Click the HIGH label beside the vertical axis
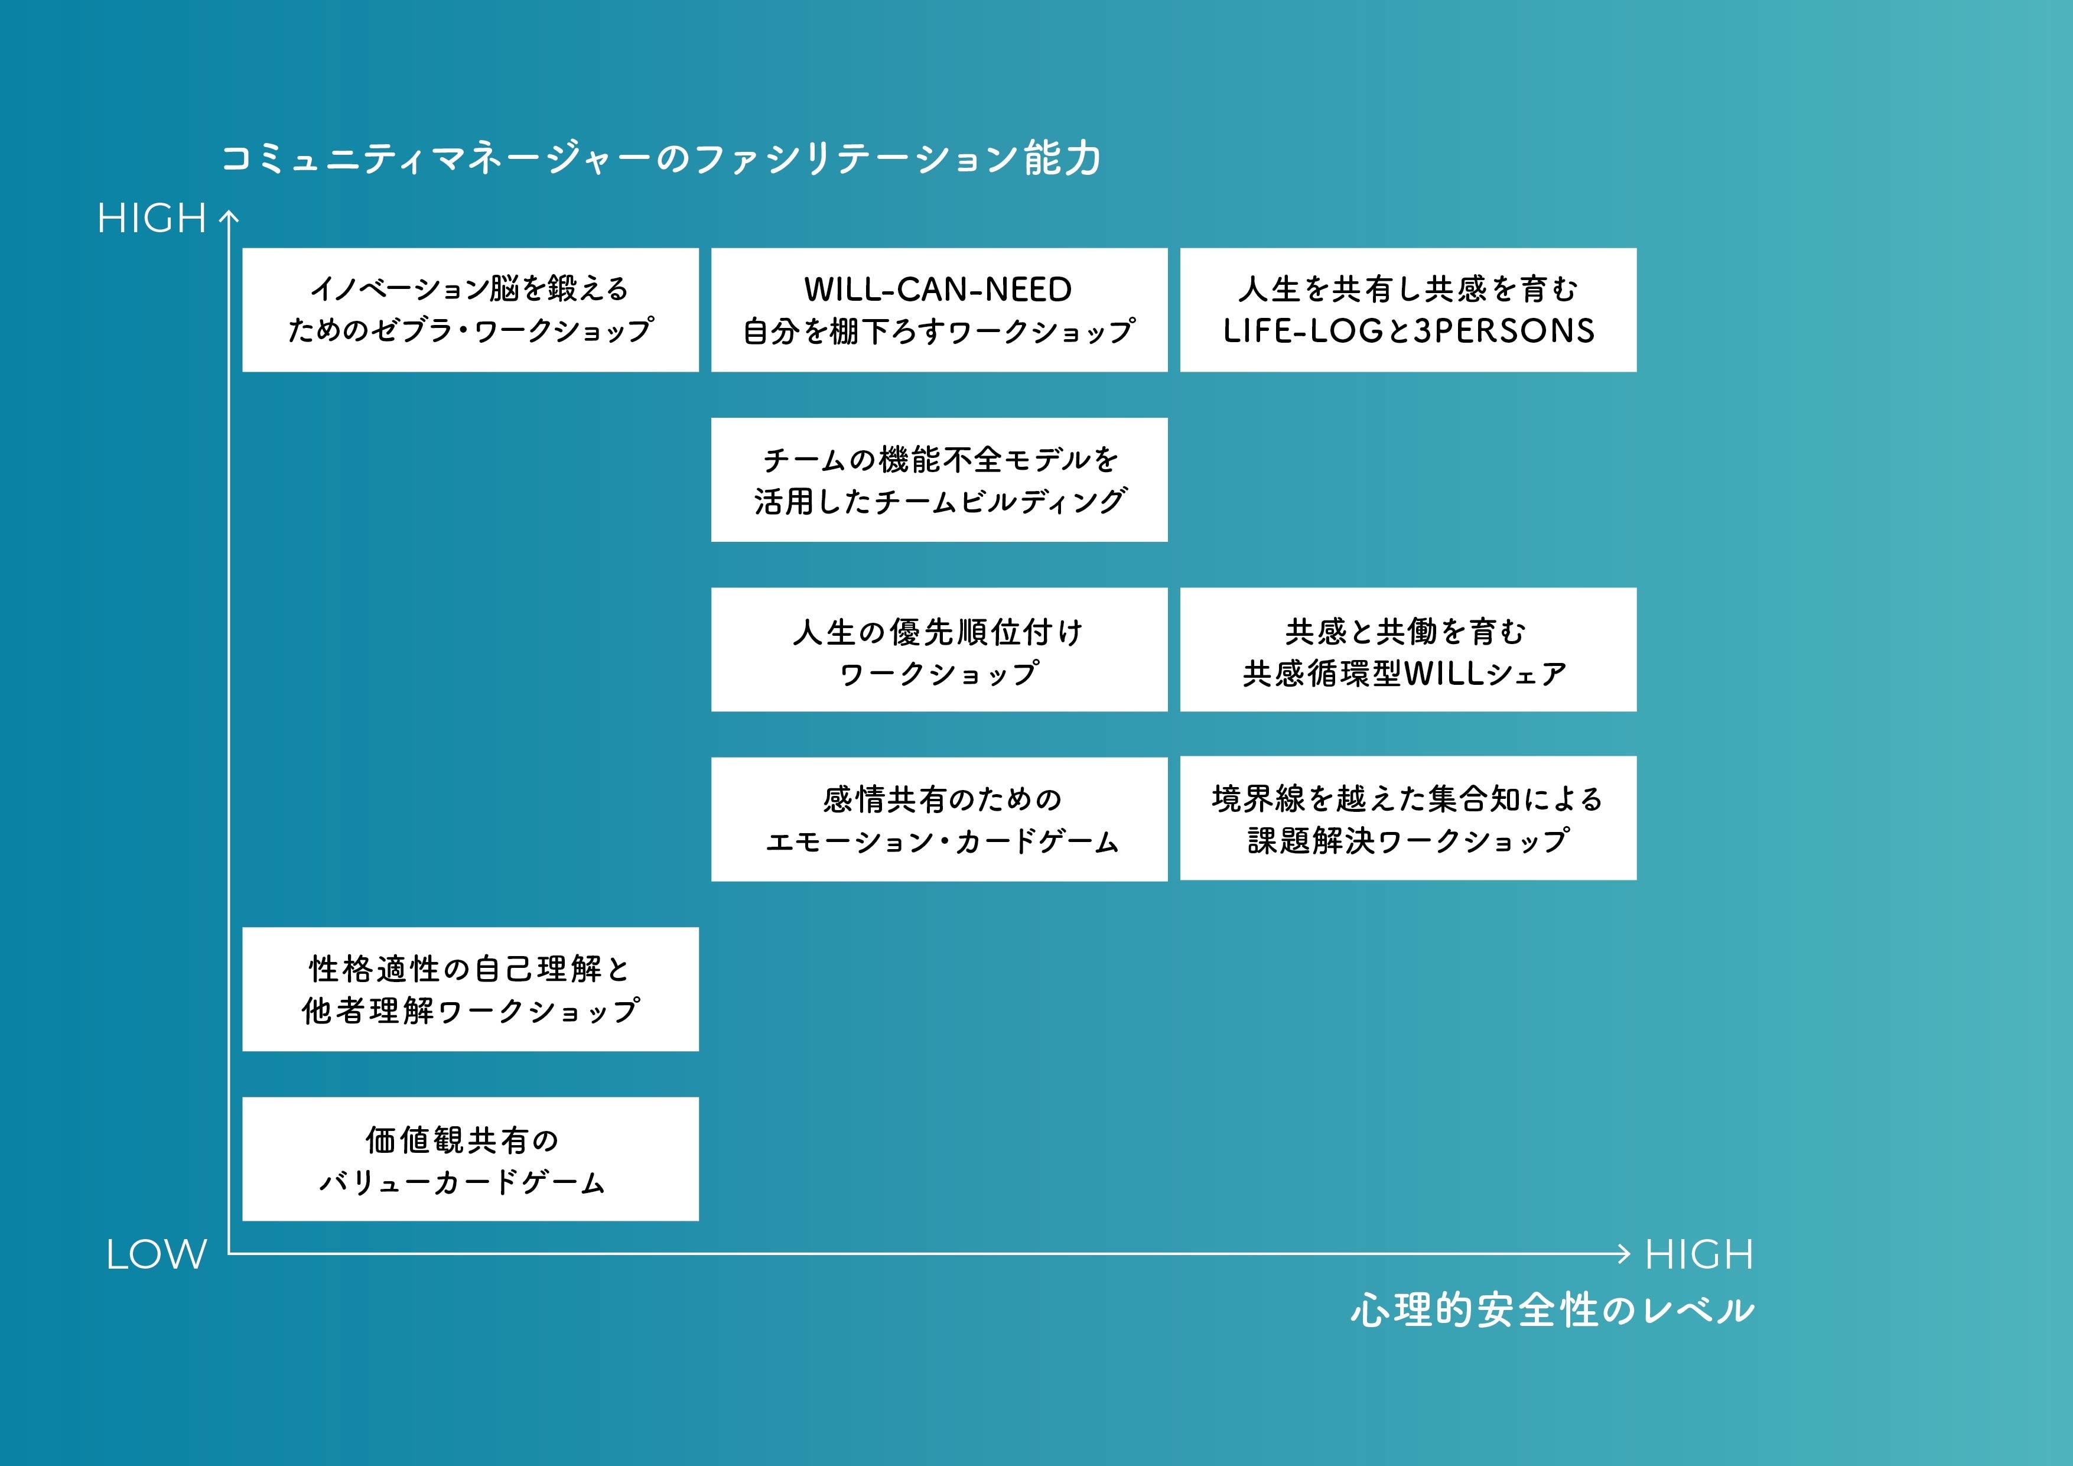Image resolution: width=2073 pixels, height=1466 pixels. [152, 219]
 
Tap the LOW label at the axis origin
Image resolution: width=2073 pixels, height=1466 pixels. [156, 1254]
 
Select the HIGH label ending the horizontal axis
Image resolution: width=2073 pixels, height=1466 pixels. [1698, 1254]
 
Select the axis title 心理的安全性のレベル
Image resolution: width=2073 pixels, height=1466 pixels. [1552, 1311]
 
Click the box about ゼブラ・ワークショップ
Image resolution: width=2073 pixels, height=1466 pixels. [470, 310]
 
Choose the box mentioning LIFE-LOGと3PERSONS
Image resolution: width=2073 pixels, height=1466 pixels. [1408, 310]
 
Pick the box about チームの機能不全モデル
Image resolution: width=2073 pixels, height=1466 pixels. [939, 480]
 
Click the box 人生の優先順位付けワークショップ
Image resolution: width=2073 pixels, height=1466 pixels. [939, 649]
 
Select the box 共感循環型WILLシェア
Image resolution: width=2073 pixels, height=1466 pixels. [1408, 649]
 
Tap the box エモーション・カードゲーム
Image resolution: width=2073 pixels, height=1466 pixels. [939, 819]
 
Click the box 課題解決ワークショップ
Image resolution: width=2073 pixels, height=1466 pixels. [1408, 818]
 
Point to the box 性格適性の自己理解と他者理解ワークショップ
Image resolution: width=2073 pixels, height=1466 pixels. [470, 989]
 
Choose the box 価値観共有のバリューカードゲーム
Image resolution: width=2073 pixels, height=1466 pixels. [470, 1159]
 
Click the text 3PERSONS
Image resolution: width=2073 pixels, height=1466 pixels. [1504, 331]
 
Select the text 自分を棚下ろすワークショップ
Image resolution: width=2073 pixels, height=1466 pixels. [939, 331]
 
